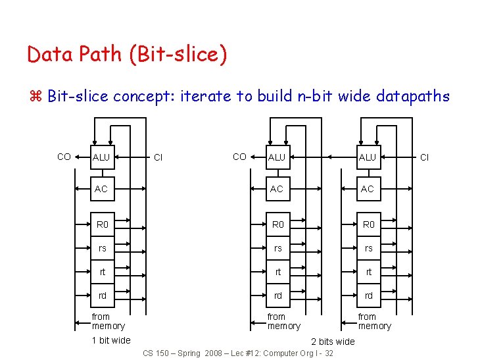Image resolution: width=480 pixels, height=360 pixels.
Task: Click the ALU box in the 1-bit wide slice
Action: (x=101, y=157)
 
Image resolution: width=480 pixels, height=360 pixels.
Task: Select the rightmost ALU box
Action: (x=367, y=157)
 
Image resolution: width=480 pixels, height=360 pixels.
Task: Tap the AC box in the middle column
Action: (x=277, y=189)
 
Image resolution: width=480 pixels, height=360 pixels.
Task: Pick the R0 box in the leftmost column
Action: (x=103, y=224)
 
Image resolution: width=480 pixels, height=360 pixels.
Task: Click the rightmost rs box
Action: (x=368, y=248)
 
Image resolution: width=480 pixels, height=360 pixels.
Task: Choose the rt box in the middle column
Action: (x=277, y=272)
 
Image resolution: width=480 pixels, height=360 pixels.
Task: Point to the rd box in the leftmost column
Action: (x=103, y=296)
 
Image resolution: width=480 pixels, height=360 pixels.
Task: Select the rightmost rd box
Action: (x=368, y=296)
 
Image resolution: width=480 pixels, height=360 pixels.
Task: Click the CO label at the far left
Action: (x=64, y=157)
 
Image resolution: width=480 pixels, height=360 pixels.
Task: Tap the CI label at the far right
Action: (x=424, y=157)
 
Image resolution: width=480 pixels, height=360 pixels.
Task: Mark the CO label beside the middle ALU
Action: (x=240, y=157)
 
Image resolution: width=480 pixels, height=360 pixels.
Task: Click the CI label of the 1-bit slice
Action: (x=158, y=157)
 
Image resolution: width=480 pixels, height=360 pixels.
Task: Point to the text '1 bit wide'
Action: (x=111, y=340)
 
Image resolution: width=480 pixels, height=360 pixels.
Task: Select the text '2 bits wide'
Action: (x=333, y=341)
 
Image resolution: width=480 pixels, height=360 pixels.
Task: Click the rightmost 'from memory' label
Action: (x=374, y=321)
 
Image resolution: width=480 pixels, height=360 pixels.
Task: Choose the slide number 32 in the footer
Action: (x=329, y=353)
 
